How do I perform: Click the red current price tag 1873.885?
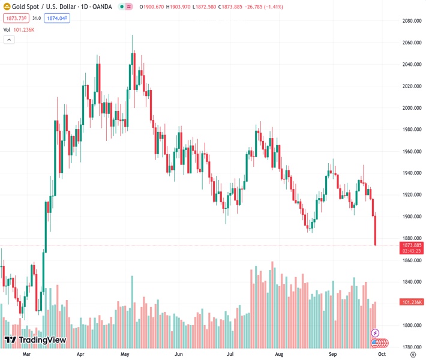[x=412, y=245]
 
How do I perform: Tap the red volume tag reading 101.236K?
[x=412, y=302]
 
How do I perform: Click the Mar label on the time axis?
[x=26, y=355]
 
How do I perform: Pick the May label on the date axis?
[x=125, y=355]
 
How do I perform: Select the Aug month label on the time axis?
[x=279, y=355]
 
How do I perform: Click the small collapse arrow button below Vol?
[x=9, y=40]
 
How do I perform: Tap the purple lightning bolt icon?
[x=376, y=332]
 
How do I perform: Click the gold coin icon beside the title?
[x=6, y=7]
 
